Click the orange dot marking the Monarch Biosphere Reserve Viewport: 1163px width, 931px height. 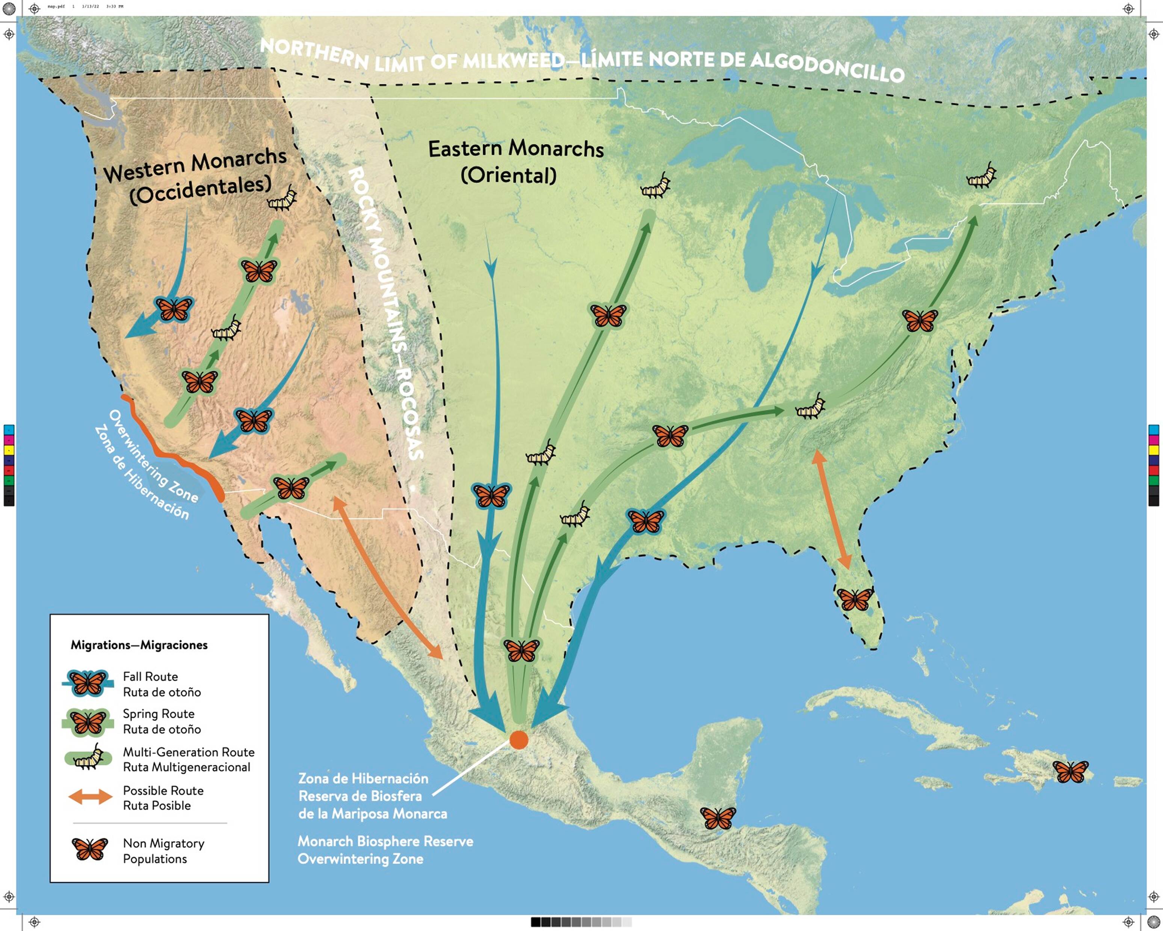click(518, 740)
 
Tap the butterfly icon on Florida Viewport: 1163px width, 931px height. click(855, 598)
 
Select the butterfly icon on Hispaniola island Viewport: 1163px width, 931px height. click(1070, 771)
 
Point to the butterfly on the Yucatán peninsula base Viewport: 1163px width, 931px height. click(717, 818)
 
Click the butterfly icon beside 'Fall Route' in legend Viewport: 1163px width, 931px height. click(88, 683)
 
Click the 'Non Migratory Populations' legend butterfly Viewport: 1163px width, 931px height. click(89, 849)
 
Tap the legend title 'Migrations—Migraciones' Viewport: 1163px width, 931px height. click(139, 645)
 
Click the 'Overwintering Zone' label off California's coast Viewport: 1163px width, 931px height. click(153, 455)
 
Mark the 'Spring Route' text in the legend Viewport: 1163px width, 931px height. click(159, 713)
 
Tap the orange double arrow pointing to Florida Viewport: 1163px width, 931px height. click(831, 509)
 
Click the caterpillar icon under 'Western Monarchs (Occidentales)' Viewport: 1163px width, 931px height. click(282, 198)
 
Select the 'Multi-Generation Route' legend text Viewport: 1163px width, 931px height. click(188, 752)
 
